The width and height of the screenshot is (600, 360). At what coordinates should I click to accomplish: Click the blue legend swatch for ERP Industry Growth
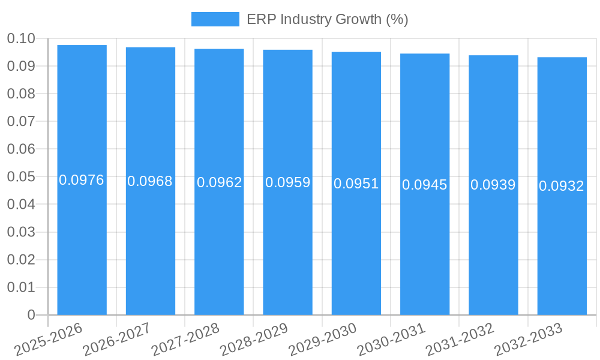pos(215,19)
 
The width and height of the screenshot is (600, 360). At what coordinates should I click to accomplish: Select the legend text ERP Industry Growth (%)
pos(327,19)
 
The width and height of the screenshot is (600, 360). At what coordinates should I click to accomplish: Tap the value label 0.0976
pos(82,180)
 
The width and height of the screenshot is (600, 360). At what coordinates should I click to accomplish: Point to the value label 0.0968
pos(150,181)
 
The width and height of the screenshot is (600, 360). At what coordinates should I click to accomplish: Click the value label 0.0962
pos(219,182)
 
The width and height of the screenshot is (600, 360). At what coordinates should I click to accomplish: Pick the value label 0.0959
pos(287,182)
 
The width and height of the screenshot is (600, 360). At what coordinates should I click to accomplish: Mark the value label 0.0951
pos(356,184)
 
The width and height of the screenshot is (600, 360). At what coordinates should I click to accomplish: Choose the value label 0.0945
pos(425,185)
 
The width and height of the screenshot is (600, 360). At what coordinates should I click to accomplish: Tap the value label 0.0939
pos(493,185)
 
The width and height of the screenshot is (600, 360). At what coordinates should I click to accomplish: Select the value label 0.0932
pos(562,186)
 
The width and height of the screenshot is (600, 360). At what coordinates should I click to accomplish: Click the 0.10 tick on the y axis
pos(21,39)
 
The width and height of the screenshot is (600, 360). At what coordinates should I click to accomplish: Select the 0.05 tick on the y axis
pos(21,177)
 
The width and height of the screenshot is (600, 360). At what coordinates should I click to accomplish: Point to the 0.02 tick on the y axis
pos(21,260)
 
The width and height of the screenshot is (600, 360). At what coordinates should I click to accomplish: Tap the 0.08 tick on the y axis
pos(21,94)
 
